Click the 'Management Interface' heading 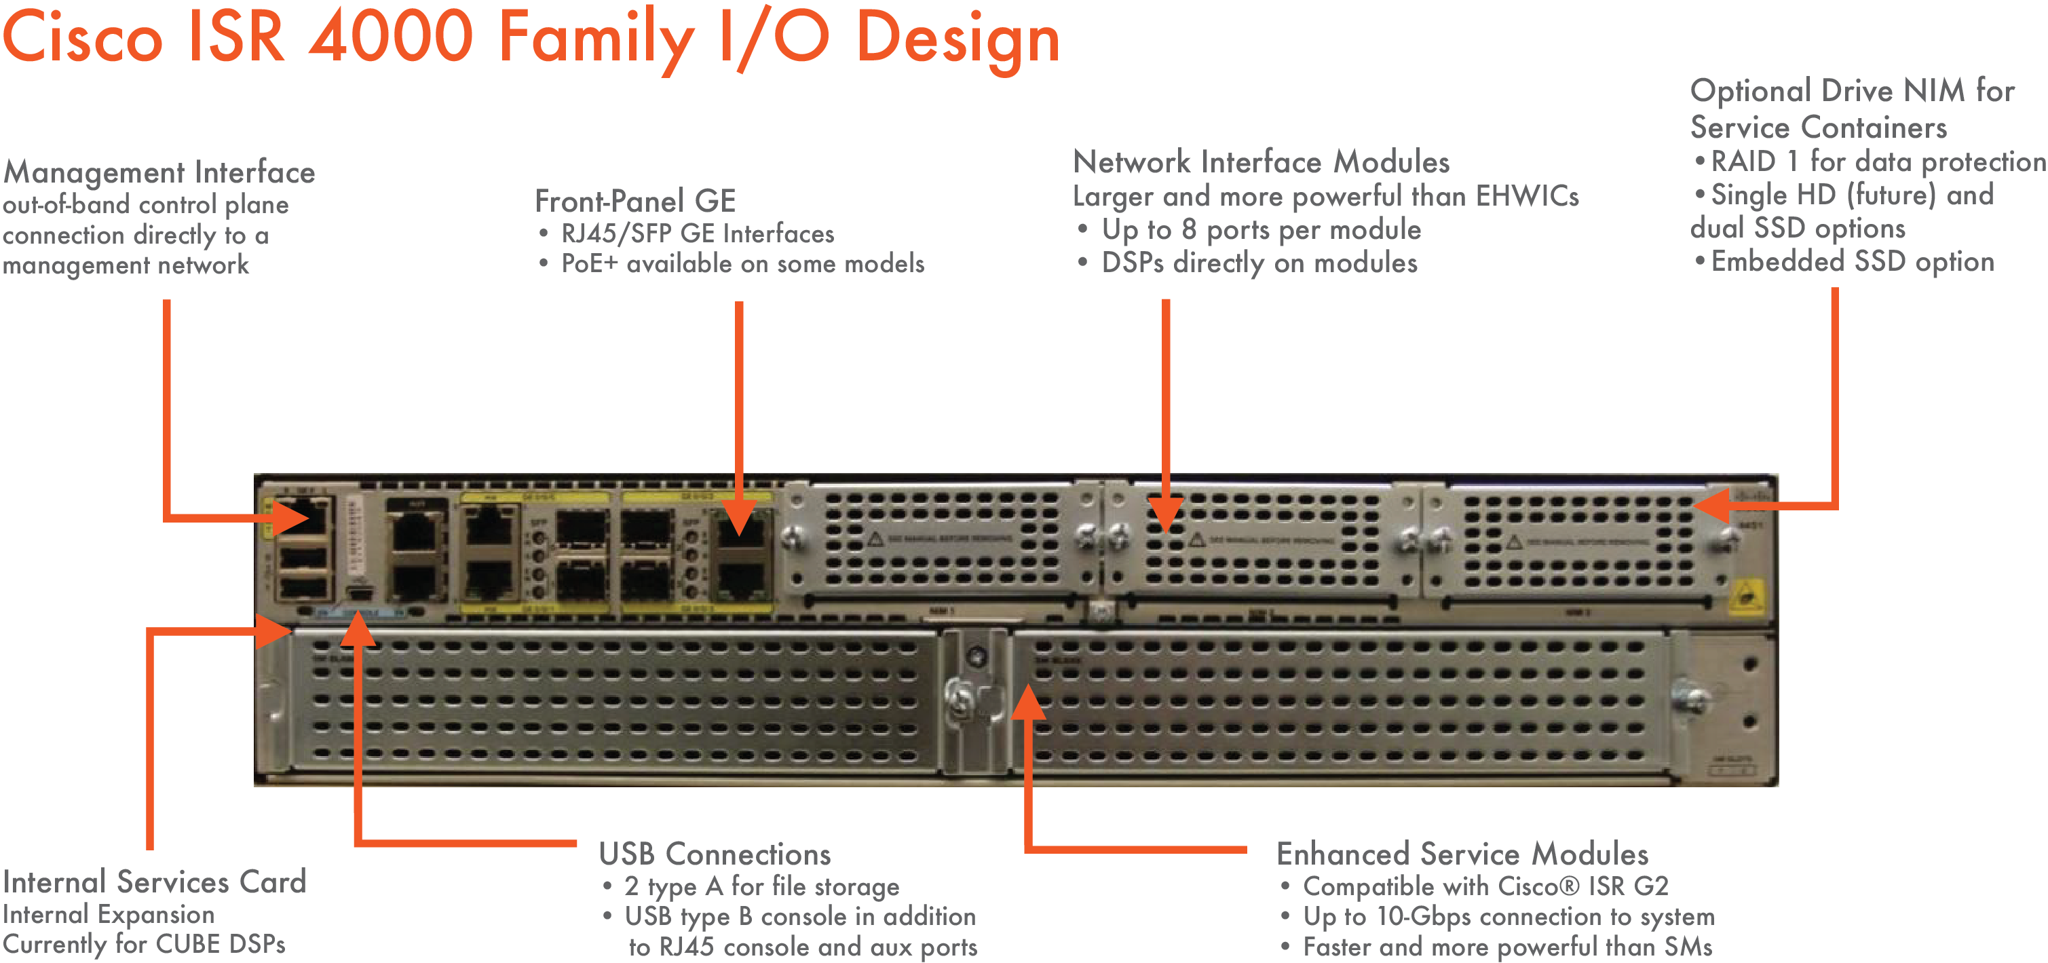159,172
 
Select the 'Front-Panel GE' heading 635,201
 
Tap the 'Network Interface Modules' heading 1261,162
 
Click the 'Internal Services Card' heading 154,882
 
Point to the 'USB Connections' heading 715,854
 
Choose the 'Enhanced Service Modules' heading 1462,854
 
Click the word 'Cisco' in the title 83,37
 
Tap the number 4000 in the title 391,37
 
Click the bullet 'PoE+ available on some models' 742,263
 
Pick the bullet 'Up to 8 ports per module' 1260,230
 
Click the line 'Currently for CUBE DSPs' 144,944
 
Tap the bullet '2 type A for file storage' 761,886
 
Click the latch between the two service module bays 974,700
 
